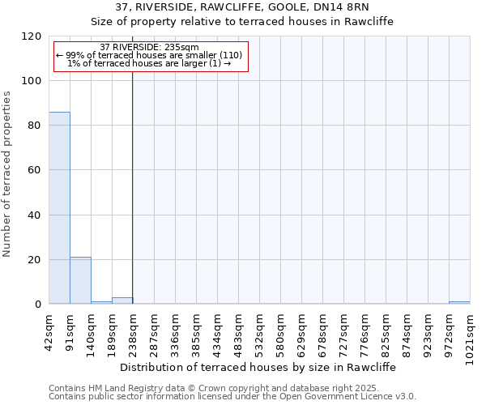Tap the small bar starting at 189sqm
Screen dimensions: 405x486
click(122, 301)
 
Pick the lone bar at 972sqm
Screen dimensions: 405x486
click(459, 302)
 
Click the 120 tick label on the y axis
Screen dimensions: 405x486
click(32, 36)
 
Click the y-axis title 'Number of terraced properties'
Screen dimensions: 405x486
click(8, 173)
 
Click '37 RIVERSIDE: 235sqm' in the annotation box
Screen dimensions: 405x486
click(149, 48)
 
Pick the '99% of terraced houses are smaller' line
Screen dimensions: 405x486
click(149, 55)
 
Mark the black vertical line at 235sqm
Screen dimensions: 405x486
click(132, 186)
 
